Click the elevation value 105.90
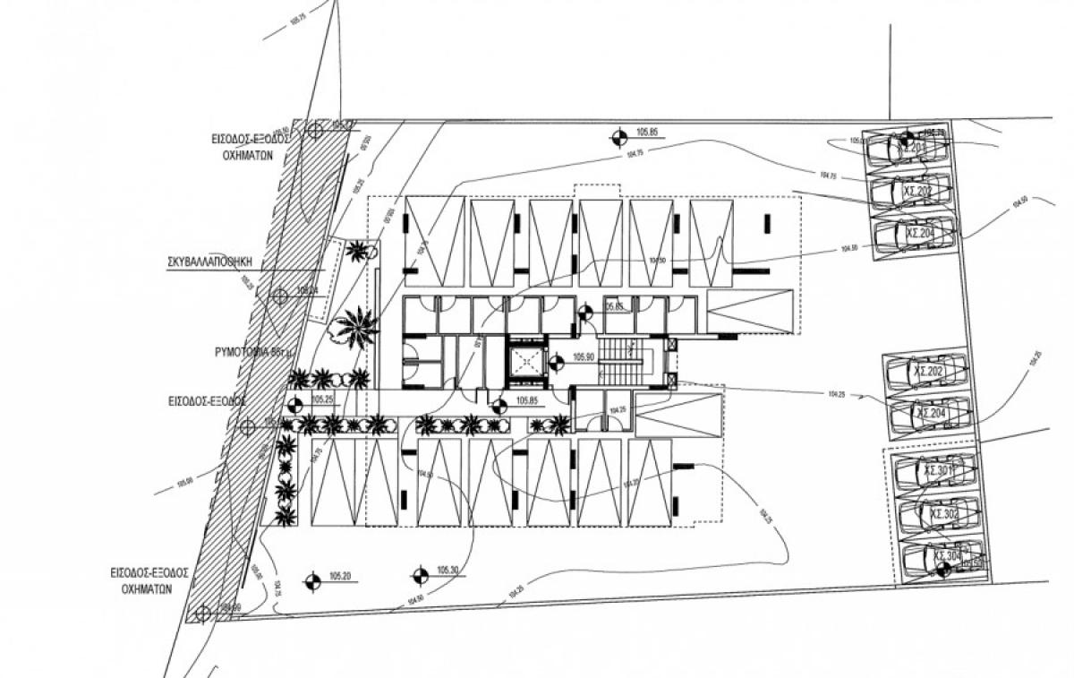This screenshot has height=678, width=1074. pos(584,357)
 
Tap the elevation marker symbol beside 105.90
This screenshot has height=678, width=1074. pos(555,363)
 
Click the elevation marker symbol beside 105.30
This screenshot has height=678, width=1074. pos(419,575)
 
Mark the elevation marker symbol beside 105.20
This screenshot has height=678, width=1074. pos(312,582)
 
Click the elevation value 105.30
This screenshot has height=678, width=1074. pos(447,571)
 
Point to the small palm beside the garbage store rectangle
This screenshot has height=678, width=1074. pos(361,250)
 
